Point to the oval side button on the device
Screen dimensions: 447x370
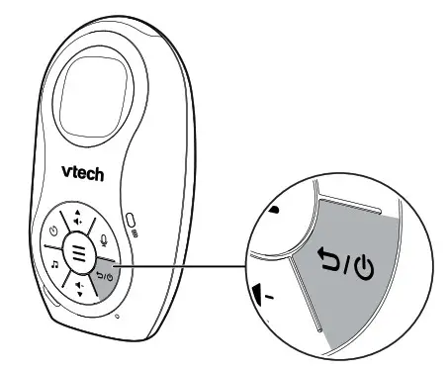(x=133, y=218)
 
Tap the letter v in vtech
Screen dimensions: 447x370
(x=66, y=171)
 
